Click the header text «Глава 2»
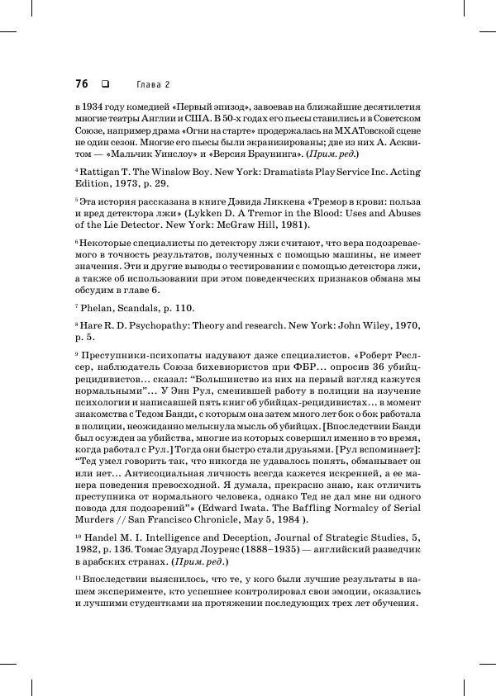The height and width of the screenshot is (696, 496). coord(153,84)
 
